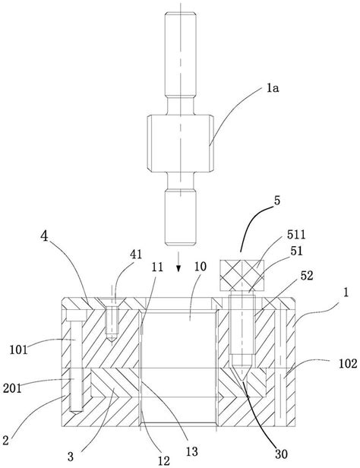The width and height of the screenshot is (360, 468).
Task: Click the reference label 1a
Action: tap(273, 88)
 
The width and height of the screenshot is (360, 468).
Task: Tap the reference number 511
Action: tap(296, 235)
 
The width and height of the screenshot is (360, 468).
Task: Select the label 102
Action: tap(348, 363)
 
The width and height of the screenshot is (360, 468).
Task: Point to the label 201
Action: tap(12, 388)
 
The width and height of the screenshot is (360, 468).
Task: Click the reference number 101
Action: tap(18, 349)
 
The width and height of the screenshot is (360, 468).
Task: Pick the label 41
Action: tap(136, 255)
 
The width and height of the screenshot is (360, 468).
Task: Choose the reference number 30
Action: tap(281, 454)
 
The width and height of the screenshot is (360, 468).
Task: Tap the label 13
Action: tap(192, 451)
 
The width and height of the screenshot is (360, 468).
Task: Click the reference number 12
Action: tap(163, 461)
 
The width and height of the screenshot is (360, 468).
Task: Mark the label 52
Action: tap(307, 276)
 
